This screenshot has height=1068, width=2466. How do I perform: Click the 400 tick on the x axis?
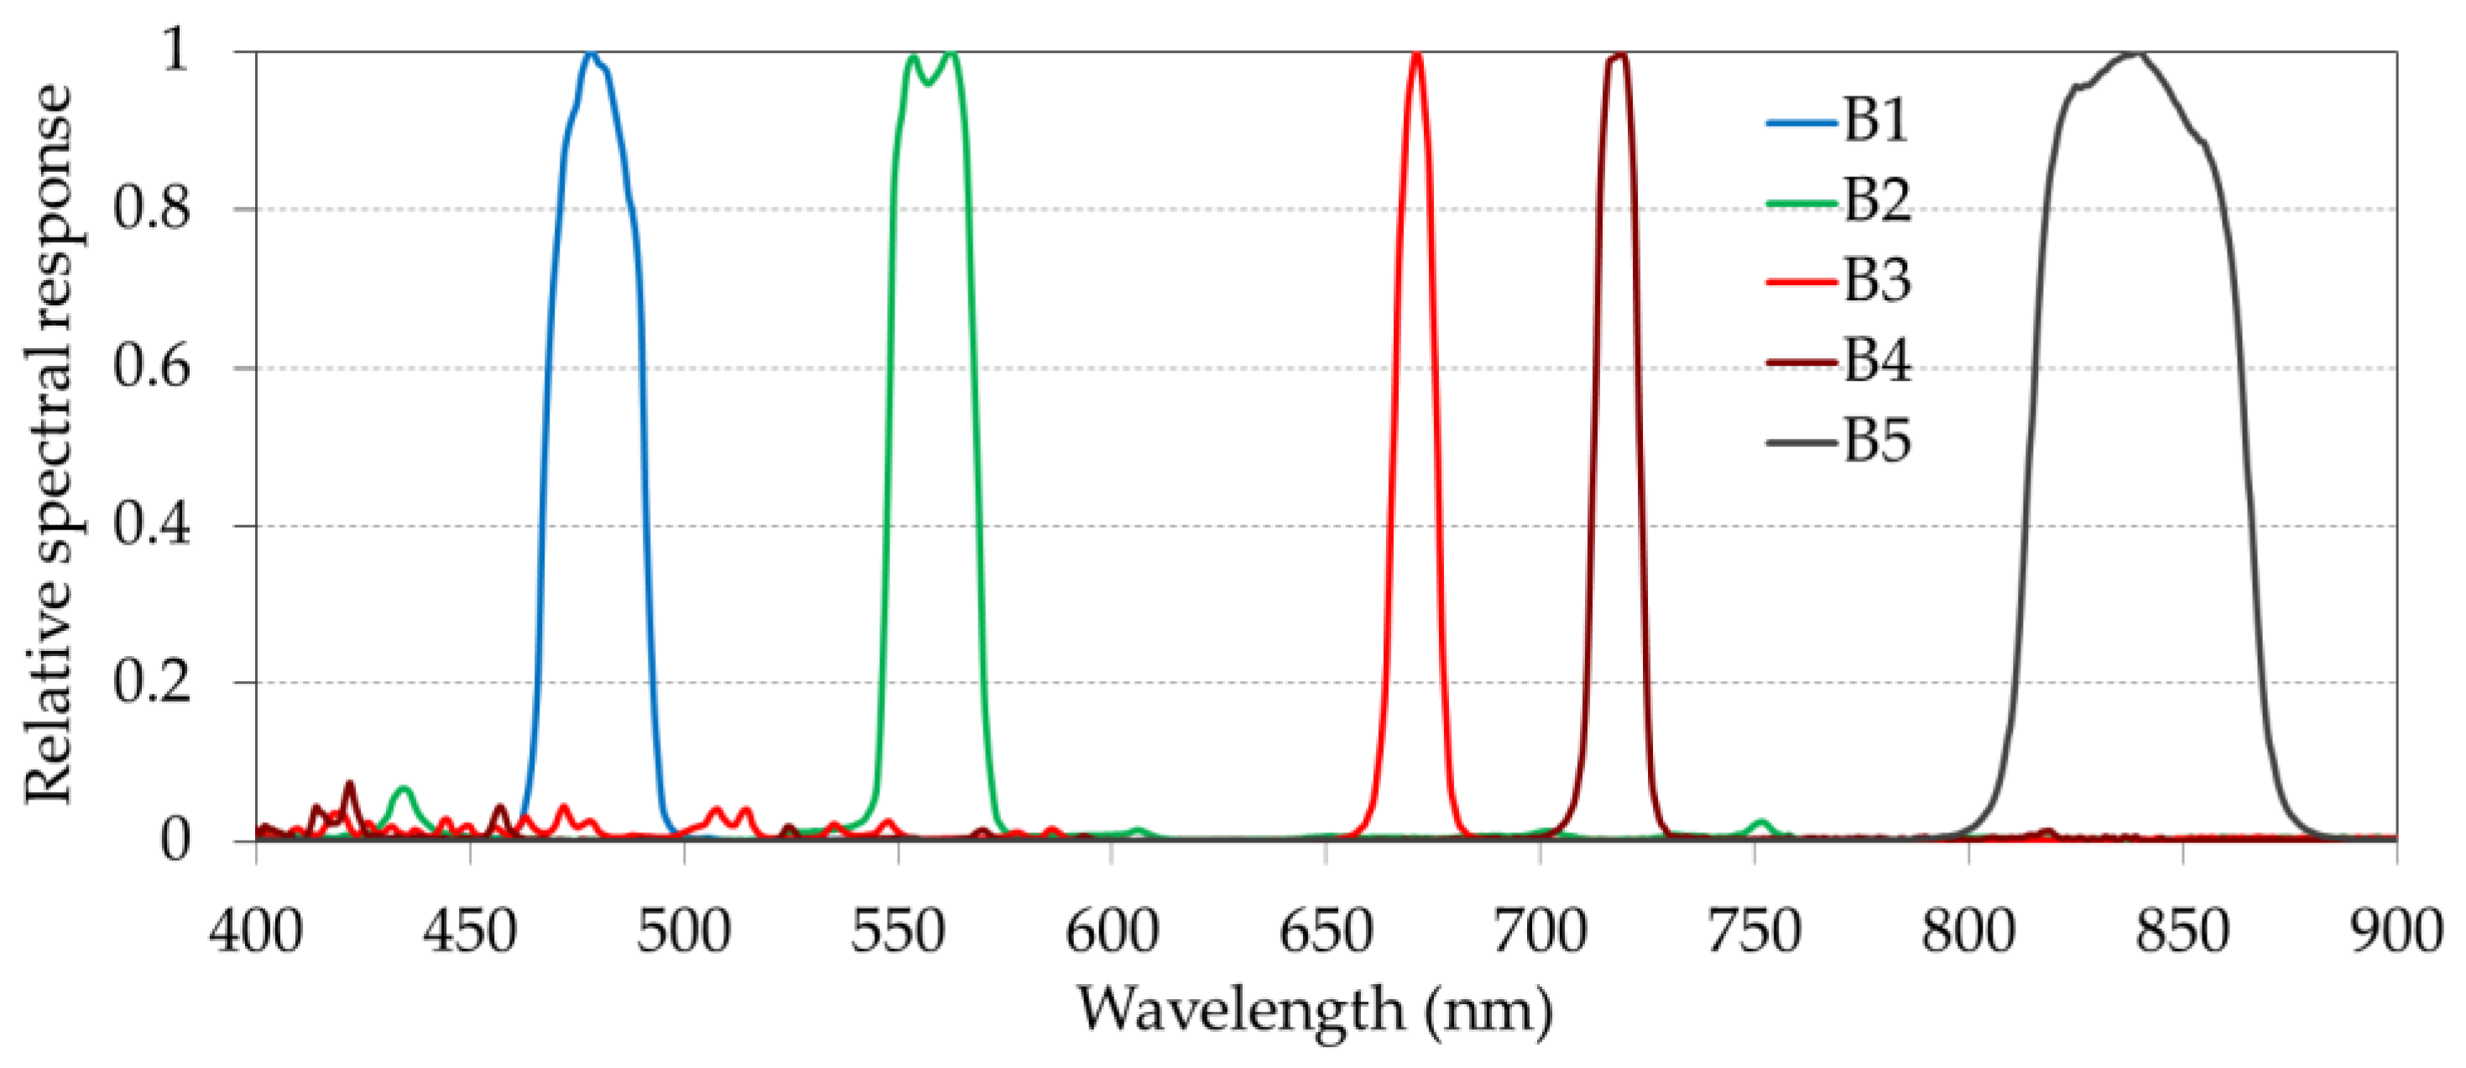(x=257, y=930)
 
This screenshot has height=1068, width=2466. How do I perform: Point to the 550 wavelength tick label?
(x=898, y=930)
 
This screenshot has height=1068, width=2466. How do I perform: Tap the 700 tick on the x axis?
(x=1540, y=930)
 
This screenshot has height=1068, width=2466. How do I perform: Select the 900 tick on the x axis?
(x=2396, y=930)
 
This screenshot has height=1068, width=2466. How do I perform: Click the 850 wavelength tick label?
(x=2182, y=930)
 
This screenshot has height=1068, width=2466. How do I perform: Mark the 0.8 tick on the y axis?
(x=151, y=210)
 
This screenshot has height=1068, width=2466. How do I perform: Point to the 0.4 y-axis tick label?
(x=151, y=525)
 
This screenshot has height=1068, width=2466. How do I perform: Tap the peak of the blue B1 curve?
(x=591, y=55)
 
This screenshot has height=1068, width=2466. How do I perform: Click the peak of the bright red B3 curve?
(x=1415, y=55)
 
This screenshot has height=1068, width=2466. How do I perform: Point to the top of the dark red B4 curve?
(x=1619, y=55)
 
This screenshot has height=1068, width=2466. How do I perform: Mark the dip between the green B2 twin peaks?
(x=926, y=84)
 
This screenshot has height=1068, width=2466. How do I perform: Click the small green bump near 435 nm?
(x=404, y=789)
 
